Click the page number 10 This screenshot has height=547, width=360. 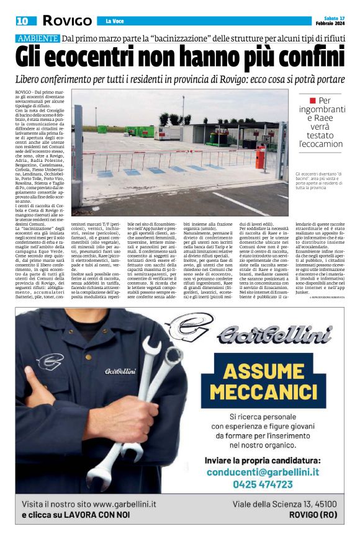22,21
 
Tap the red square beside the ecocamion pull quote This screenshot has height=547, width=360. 313,100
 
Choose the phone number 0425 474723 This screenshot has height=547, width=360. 268,484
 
